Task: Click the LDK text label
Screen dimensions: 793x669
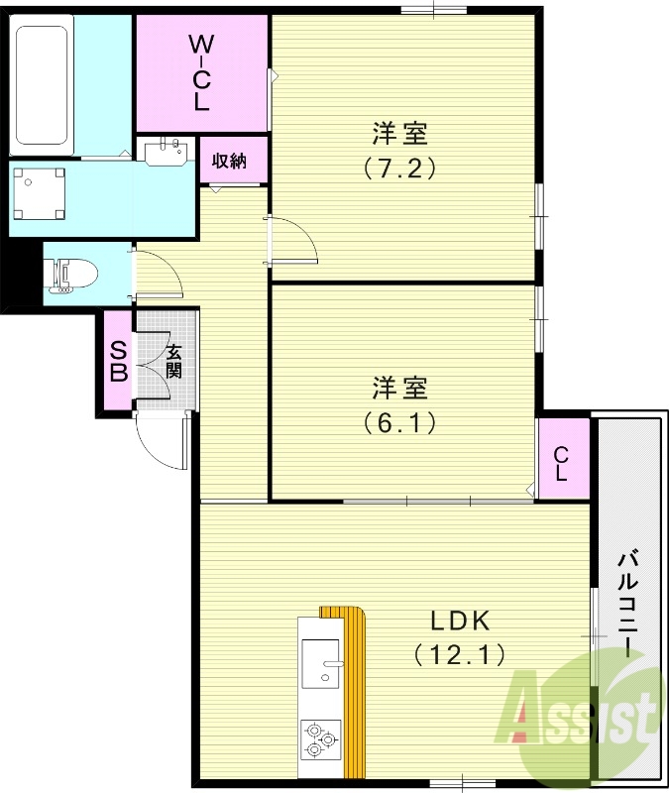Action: [x=460, y=622]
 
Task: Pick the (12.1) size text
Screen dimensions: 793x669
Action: [x=460, y=653]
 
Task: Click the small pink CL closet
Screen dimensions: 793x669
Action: [x=561, y=464]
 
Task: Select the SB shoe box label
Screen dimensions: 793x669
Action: [x=118, y=362]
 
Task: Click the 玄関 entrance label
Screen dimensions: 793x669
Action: [x=173, y=362]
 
